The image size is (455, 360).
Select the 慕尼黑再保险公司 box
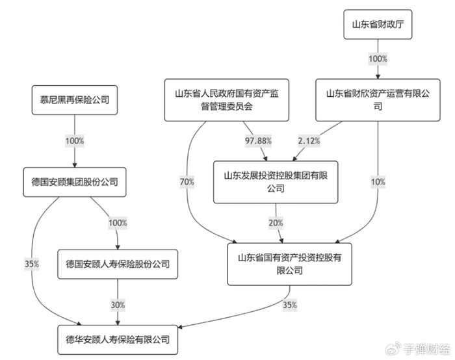pos(75,100)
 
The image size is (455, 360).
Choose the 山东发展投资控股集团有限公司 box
pos(276,182)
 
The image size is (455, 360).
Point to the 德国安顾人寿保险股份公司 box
pos(117,264)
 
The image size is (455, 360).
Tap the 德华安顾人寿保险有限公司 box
pos(117,339)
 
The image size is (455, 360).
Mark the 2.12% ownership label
pos(308,140)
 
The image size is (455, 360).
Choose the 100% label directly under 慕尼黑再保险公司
pos(75,140)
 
